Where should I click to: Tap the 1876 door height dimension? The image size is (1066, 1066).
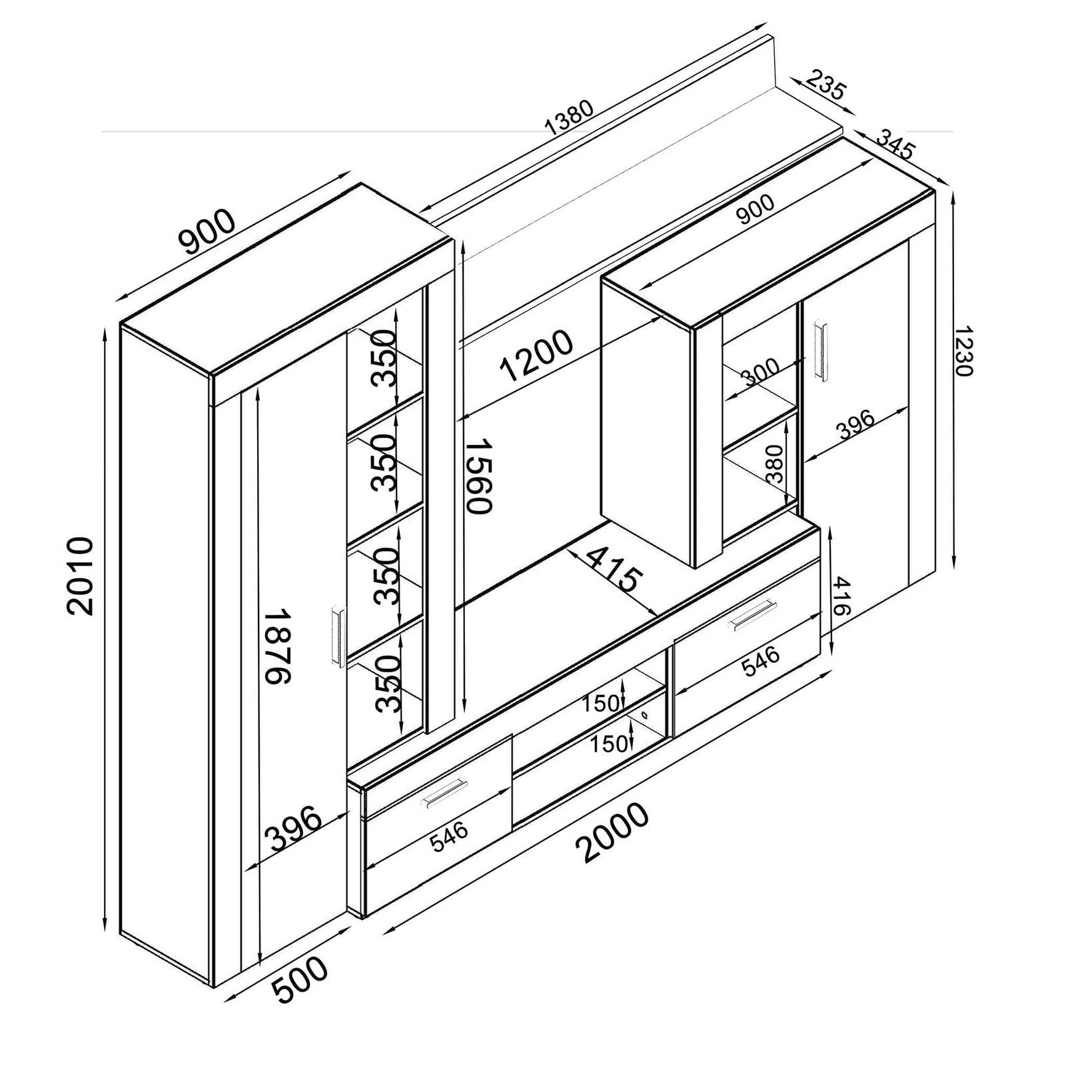[276, 646]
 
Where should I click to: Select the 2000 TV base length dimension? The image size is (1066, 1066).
[612, 833]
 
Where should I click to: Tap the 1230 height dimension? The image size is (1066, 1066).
[963, 351]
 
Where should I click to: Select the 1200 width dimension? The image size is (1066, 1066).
[536, 356]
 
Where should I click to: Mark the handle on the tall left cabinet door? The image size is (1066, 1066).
[337, 636]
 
